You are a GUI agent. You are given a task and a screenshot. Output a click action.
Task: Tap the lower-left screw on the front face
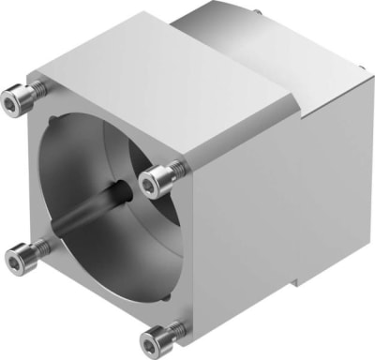(x=26, y=251)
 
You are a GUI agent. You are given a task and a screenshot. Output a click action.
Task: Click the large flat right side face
(x=272, y=206)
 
